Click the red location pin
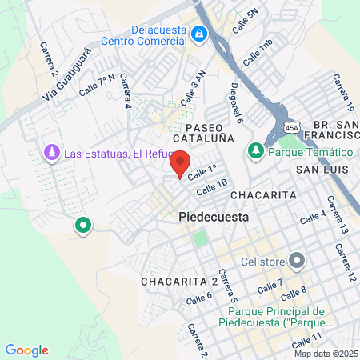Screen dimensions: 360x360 pyautogui.click(x=180, y=164)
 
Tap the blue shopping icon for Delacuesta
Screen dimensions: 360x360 pyautogui.click(x=199, y=34)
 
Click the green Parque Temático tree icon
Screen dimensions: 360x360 pyautogui.click(x=257, y=150)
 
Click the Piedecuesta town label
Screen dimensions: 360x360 pyautogui.click(x=214, y=217)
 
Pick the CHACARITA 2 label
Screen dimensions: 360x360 pyautogui.click(x=179, y=282)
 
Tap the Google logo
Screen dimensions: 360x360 pyautogui.click(x=27, y=350)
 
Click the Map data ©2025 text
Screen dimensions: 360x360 pyautogui.click(x=326, y=354)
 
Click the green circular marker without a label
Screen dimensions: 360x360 pyautogui.click(x=82, y=226)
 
